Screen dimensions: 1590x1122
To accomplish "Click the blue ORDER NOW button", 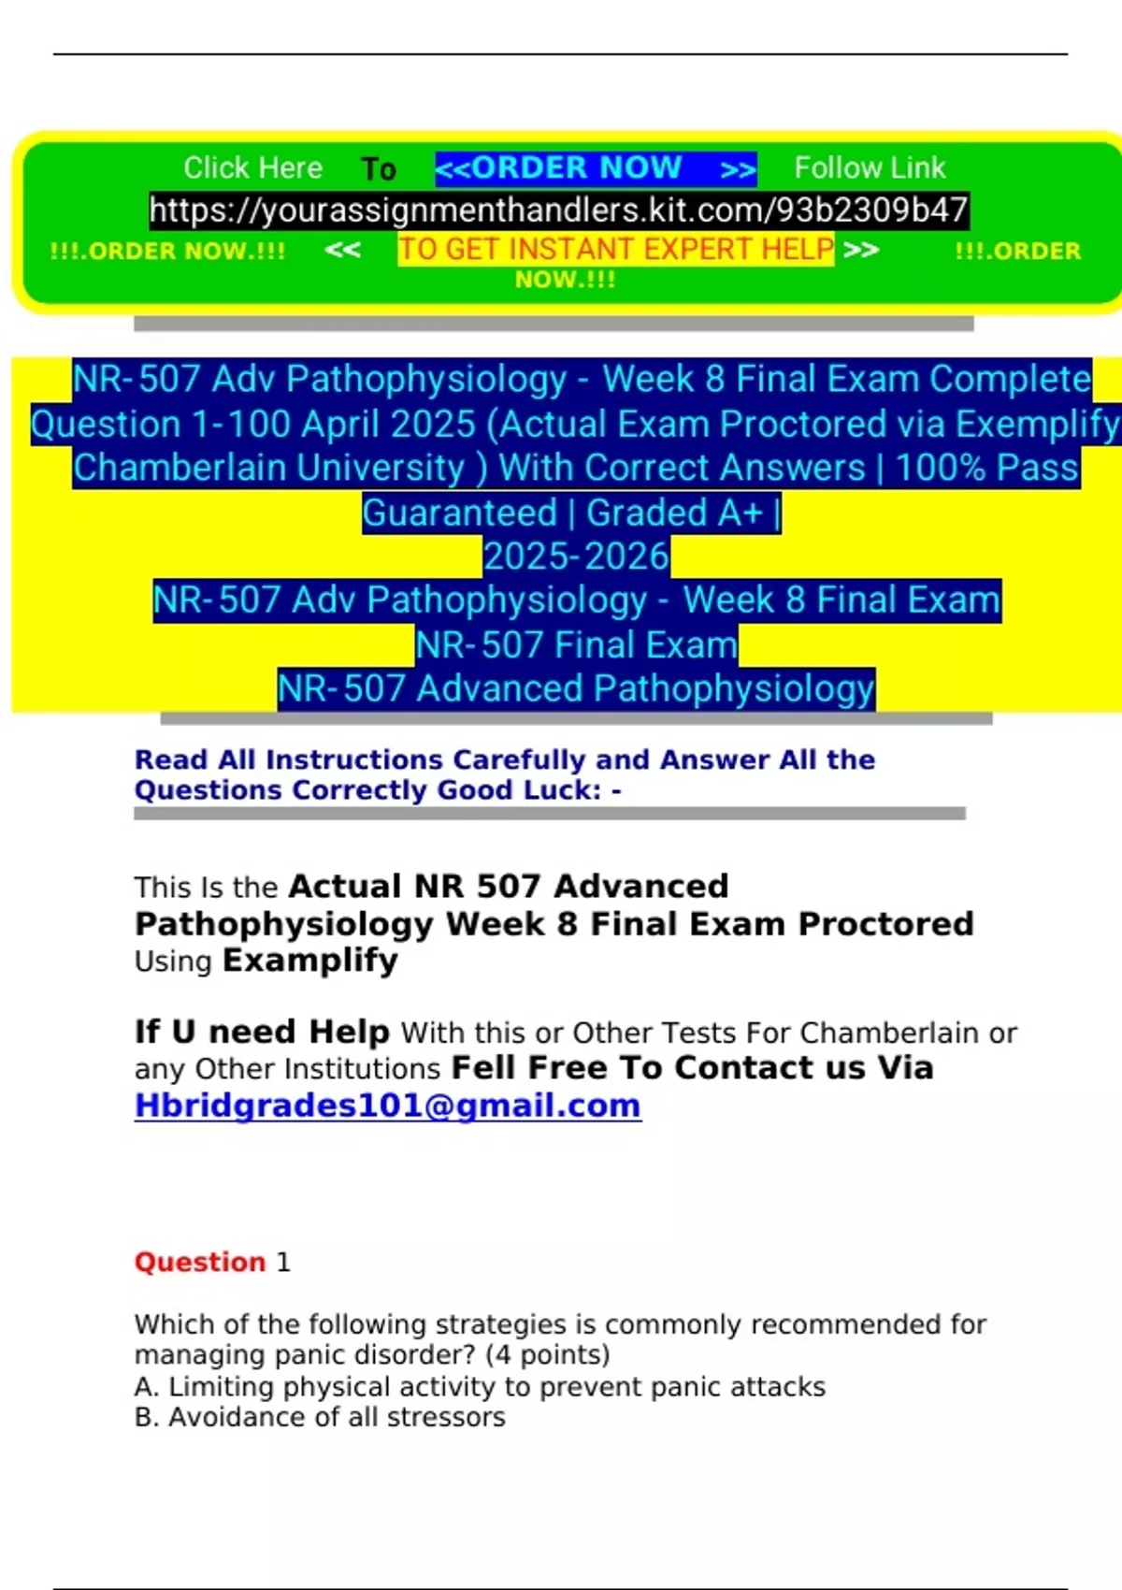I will coord(596,168).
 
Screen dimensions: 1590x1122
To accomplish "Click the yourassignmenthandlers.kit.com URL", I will coord(559,210).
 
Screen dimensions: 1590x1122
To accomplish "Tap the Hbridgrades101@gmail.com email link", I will coord(387,1106).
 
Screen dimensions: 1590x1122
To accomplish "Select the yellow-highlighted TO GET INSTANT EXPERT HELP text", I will coord(615,250).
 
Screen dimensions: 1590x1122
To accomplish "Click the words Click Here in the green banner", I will coord(252,168).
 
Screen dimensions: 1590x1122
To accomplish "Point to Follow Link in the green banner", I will coord(870,168).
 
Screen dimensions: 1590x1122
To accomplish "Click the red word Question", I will coord(200,1262).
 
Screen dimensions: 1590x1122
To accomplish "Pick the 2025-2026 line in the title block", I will coord(576,556).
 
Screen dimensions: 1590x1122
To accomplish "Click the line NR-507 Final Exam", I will coord(576,645).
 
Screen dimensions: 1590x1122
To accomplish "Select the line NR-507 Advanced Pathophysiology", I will coord(576,689).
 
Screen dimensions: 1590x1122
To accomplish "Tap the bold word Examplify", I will coord(310,961).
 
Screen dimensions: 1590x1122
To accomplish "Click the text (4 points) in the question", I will coord(547,1355).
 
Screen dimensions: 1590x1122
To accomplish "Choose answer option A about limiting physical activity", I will coord(480,1386).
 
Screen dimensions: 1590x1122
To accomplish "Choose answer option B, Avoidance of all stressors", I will coord(320,1417).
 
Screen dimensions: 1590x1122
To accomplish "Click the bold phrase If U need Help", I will coord(262,1032).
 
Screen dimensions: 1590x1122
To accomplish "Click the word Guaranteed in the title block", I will coord(460,513).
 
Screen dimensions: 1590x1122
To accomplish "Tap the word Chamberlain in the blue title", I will coord(269,468).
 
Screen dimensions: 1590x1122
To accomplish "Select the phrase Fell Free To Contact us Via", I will coord(692,1068).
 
